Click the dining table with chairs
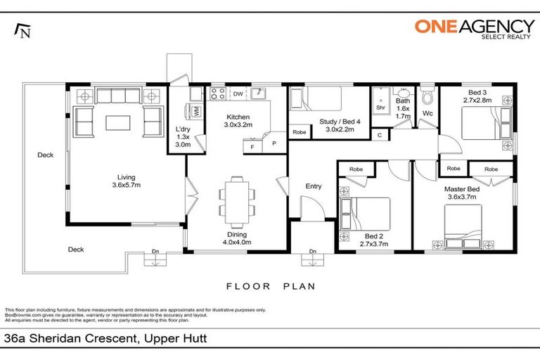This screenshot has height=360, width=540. tap(233, 198)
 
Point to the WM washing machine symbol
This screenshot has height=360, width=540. tap(197, 110)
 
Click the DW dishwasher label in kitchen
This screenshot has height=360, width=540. tap(238, 94)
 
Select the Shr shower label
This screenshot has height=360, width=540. tap(380, 108)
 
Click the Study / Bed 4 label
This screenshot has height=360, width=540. tap(340, 125)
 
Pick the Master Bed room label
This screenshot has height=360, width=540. tap(461, 193)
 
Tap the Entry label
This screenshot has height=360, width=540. tap(313, 186)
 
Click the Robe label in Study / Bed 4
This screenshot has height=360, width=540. tap(299, 131)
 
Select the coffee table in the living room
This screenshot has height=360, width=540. tap(119, 122)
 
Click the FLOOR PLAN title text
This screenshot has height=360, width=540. tap(270, 286)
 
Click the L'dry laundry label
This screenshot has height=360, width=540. tap(181, 133)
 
